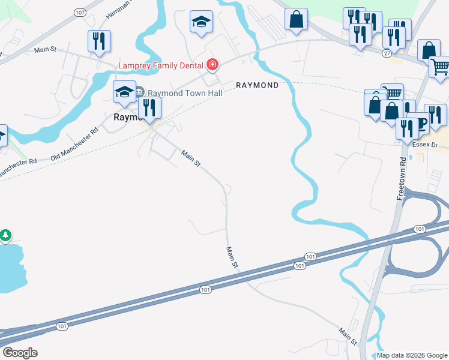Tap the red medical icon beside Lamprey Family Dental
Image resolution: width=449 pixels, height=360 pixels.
[x=211, y=64]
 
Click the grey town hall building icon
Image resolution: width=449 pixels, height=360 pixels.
[x=139, y=92]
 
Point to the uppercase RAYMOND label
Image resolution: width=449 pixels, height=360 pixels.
[x=257, y=85]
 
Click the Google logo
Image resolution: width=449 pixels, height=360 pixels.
[x=20, y=352]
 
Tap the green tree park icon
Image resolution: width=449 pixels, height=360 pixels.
[x=5, y=235]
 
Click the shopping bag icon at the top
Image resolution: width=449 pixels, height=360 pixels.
[x=297, y=19]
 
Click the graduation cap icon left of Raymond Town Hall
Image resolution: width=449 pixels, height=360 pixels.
[x=124, y=91]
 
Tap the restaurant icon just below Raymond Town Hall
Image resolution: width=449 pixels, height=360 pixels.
[x=149, y=108]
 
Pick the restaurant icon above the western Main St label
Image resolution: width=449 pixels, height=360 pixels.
[x=99, y=41]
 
